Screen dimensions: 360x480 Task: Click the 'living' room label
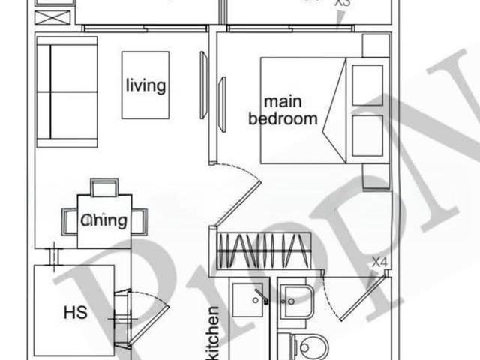click(145, 85)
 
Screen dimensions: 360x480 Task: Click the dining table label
click(104, 220)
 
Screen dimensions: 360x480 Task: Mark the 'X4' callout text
click(380, 262)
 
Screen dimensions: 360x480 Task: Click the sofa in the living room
click(67, 91)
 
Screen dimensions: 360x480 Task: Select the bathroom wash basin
click(297, 300)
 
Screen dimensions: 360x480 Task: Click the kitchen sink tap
click(261, 295)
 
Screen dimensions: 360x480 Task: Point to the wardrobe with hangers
click(263, 250)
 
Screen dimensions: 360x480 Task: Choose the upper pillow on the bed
click(367, 85)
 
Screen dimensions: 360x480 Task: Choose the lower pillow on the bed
click(367, 135)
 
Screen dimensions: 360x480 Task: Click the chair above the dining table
click(104, 187)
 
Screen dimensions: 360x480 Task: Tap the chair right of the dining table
click(139, 220)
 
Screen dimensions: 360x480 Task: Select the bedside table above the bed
click(375, 45)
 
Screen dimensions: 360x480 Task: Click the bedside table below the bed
click(375, 177)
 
